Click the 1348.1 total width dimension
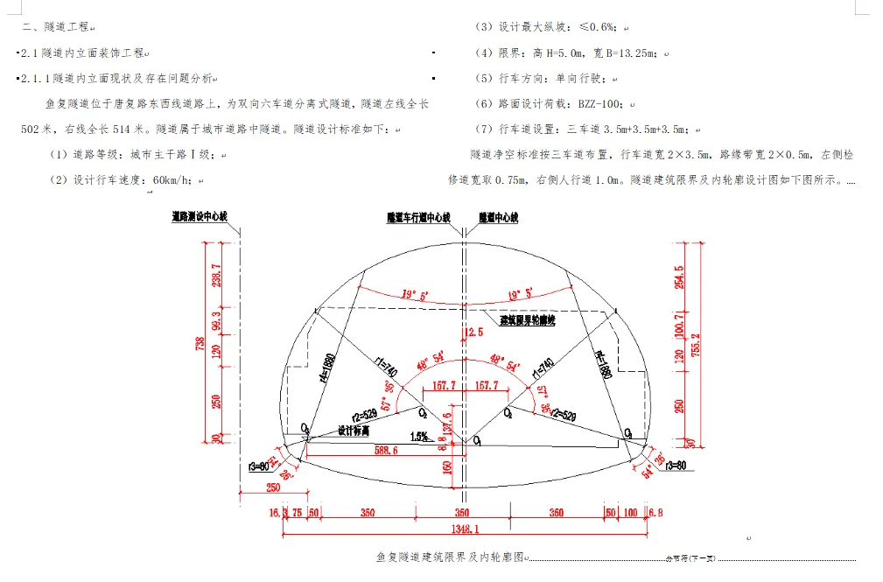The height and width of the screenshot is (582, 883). (464, 529)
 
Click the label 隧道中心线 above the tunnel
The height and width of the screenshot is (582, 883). (499, 216)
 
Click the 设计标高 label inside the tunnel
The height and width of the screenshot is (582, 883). (354, 431)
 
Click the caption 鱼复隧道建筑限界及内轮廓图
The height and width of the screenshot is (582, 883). (451, 557)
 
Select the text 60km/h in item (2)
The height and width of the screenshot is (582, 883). (175, 180)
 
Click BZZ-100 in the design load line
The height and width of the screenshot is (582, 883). (599, 103)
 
